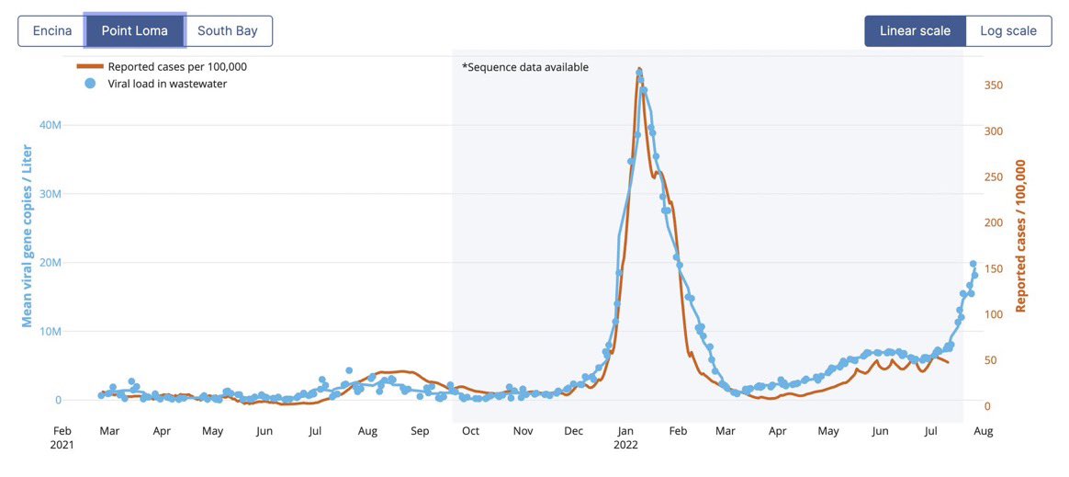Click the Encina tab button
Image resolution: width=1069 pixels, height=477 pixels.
click(52, 30)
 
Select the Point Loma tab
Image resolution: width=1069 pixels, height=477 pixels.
click(135, 30)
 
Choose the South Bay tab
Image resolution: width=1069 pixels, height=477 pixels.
click(228, 30)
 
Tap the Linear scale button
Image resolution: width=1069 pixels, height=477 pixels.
click(915, 30)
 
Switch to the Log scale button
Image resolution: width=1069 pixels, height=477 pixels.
click(1008, 30)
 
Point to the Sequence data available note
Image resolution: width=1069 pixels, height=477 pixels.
click(524, 67)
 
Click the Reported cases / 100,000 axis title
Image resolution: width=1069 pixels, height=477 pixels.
click(1020, 236)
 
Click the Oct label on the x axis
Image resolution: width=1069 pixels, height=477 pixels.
click(470, 430)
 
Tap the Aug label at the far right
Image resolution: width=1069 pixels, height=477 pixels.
click(982, 430)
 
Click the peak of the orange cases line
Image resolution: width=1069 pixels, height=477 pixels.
click(638, 69)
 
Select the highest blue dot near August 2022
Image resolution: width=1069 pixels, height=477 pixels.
click(973, 264)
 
